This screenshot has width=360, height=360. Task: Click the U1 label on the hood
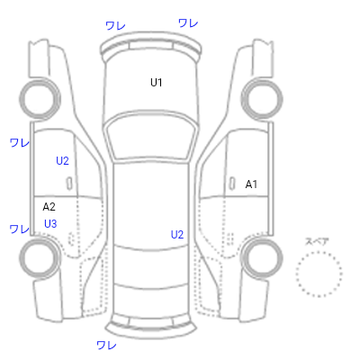157,82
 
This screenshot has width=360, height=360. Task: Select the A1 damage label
251,184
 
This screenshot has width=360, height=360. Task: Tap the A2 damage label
49,207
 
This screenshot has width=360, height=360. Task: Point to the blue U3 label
50,224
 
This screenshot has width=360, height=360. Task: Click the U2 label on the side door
62,161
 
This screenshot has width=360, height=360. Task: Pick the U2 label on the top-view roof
177,235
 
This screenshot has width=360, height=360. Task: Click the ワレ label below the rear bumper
106,345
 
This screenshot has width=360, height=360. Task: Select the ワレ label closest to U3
20,229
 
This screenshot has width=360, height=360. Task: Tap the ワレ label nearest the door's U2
20,142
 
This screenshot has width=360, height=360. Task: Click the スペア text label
317,241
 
